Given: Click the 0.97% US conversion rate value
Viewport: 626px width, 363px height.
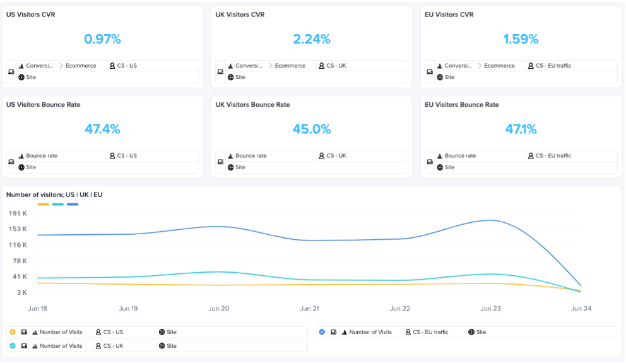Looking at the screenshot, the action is click(102, 39).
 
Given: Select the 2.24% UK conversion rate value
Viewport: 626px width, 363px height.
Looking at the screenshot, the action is click(311, 39).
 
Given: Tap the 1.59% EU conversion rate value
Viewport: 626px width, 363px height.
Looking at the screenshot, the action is click(521, 39).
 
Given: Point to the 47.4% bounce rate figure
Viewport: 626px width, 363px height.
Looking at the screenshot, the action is click(102, 129).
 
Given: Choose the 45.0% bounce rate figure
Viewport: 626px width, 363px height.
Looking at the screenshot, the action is click(311, 129).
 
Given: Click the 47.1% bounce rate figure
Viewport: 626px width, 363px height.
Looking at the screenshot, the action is click(521, 129).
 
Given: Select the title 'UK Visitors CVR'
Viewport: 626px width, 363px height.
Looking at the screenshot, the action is click(240, 15).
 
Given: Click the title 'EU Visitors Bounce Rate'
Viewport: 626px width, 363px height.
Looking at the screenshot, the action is click(461, 105).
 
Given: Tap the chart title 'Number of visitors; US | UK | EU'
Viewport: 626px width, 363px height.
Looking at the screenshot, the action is click(54, 195).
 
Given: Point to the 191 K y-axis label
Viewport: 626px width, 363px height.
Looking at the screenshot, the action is click(18, 213).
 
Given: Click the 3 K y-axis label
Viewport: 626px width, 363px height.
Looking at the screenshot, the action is click(21, 292).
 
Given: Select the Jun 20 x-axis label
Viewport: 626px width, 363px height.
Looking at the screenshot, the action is click(219, 309).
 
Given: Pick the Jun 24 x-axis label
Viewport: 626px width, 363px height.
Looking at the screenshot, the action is click(581, 309).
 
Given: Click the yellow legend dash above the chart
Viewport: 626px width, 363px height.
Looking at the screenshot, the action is click(43, 205).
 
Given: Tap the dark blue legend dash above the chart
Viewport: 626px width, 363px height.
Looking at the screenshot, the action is click(73, 205).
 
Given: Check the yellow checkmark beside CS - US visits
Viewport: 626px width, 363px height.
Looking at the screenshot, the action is click(13, 332).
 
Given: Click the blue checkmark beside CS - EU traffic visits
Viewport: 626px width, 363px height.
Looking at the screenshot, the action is click(322, 332).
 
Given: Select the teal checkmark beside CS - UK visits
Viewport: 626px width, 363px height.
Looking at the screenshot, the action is click(13, 346).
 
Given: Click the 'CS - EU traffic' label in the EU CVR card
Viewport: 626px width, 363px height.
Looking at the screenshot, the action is click(553, 66).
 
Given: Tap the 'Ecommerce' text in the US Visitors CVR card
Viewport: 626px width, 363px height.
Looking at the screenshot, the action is click(81, 66).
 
